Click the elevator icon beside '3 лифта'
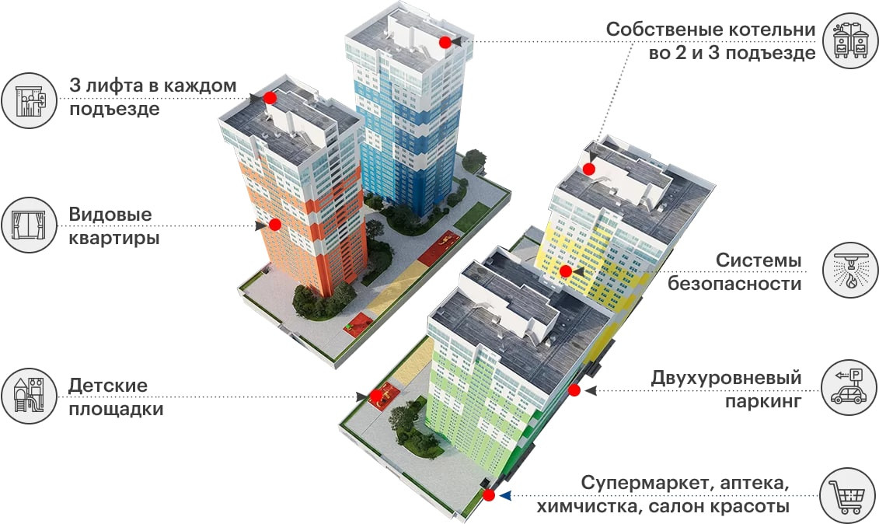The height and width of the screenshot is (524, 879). coord(30,99)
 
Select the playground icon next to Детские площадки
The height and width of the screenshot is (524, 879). coord(30,396)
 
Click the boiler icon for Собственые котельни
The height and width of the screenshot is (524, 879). coord(850,41)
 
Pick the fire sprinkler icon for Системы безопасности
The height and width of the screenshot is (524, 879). coord(850,271)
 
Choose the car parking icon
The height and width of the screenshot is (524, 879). coord(850,386)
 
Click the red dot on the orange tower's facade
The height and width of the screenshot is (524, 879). coord(274,225)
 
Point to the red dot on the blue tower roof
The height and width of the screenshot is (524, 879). coord(445,42)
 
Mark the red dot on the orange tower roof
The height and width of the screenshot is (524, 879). coord(269,98)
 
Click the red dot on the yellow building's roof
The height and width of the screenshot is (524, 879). coord(589,169)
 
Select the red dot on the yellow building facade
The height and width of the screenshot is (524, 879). coord(566,271)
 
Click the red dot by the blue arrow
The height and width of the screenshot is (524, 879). coord(488,495)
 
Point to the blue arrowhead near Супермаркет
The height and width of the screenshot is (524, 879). coord(504,495)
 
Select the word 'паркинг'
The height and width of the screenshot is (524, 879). coord(763,401)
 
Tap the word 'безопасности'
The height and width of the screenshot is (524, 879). coord(734,284)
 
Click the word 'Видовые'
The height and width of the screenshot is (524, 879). coord(110,215)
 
